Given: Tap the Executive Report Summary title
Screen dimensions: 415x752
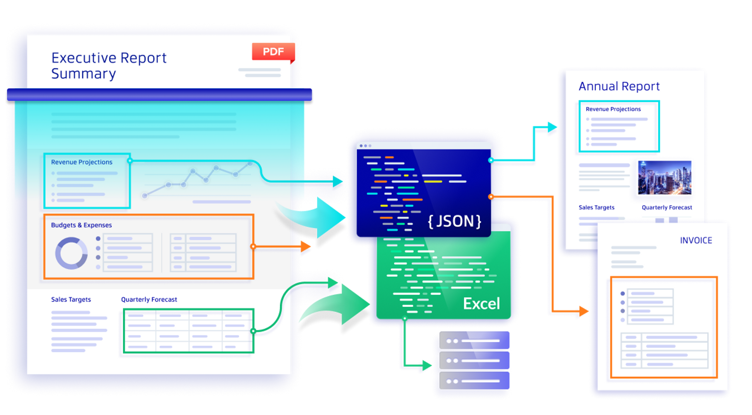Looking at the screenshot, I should pyautogui.click(x=109, y=66).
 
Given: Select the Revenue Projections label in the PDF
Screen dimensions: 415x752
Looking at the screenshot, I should pyautogui.click(x=82, y=162).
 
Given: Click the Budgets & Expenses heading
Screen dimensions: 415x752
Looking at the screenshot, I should pyautogui.click(x=81, y=225).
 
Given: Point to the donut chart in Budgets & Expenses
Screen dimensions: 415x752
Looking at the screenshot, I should pyautogui.click(x=71, y=253).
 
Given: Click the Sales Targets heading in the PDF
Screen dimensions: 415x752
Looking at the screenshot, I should pyautogui.click(x=71, y=300).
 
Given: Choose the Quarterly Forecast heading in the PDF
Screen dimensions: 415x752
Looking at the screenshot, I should pyautogui.click(x=149, y=300).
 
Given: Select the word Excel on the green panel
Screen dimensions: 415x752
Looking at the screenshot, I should pyautogui.click(x=481, y=304).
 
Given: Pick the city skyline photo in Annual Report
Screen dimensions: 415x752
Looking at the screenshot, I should pyautogui.click(x=665, y=177).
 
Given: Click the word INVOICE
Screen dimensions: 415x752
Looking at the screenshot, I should pyautogui.click(x=696, y=240).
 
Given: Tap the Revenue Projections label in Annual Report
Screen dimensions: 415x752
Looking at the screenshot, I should pyautogui.click(x=613, y=109).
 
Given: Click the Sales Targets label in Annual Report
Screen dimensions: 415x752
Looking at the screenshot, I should pyautogui.click(x=596, y=208).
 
